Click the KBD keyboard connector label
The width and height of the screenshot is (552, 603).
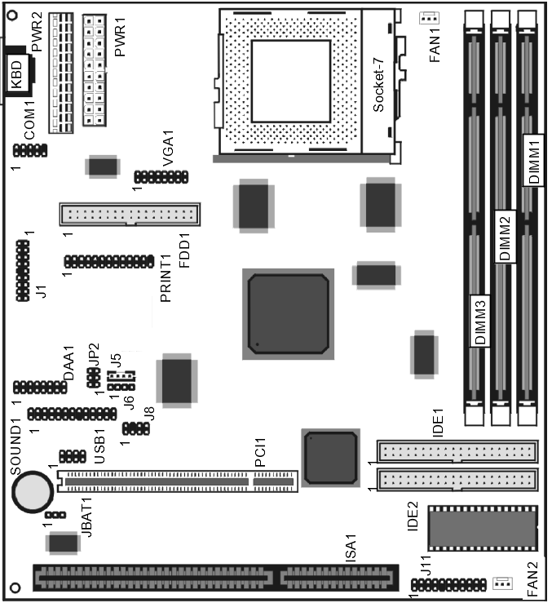(17, 74)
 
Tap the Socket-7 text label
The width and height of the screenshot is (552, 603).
(378, 85)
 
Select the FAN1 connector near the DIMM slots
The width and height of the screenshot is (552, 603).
(429, 18)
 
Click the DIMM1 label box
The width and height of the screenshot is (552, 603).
(533, 161)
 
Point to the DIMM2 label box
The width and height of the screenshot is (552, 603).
(505, 237)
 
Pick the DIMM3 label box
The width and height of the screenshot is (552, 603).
(479, 321)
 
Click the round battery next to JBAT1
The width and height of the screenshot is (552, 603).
(33, 492)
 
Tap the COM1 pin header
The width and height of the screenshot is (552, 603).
(30, 150)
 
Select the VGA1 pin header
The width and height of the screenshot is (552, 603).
(161, 177)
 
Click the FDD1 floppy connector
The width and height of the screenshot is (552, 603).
(130, 215)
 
